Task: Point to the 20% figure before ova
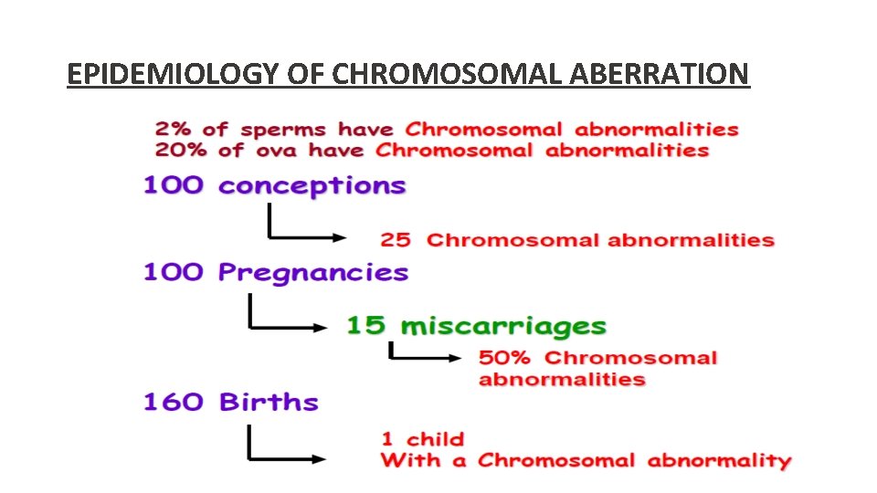pos(180,151)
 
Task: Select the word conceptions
pos(312,186)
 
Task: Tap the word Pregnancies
pos(312,273)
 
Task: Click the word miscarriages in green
pos(503,326)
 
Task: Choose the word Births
pos(269,403)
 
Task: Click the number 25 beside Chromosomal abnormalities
pos(395,240)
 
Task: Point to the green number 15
pos(365,326)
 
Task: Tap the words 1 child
pos(422,440)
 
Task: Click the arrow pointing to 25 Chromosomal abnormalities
pos(306,228)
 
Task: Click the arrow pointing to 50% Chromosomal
pos(425,354)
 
